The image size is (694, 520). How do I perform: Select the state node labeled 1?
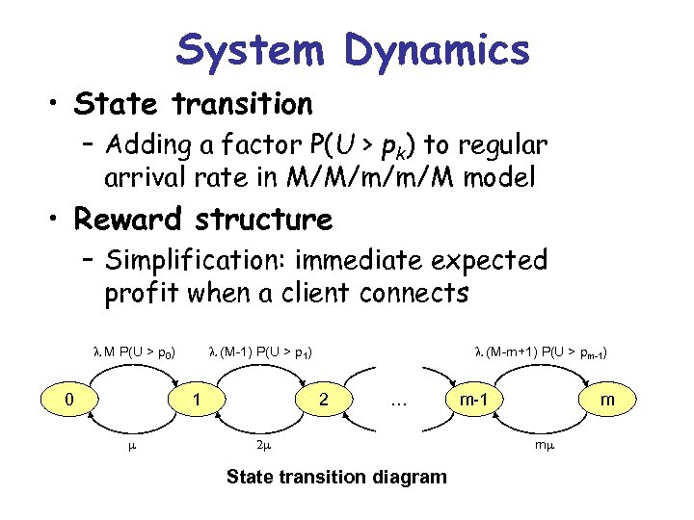196,397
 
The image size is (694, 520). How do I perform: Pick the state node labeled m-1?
471,397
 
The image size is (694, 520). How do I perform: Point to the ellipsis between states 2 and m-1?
397,401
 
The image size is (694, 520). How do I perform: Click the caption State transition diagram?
335,477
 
